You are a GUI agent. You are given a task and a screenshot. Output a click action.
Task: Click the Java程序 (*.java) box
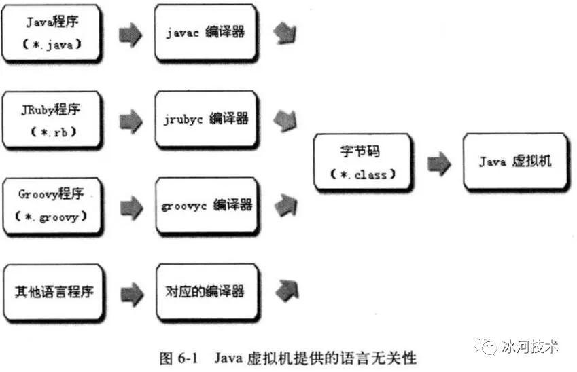[51, 33]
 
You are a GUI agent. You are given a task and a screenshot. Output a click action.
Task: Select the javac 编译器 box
[206, 33]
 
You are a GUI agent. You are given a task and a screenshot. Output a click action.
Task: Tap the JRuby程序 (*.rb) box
[52, 120]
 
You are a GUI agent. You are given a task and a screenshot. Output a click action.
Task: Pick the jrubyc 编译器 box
[206, 119]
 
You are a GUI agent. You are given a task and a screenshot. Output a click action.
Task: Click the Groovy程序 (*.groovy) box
[52, 206]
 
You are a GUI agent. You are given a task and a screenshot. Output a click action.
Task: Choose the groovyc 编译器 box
[207, 206]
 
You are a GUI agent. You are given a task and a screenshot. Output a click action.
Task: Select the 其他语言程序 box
[53, 293]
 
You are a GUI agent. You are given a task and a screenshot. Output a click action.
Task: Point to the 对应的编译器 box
[207, 293]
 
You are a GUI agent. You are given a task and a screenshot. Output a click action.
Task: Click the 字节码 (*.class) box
[363, 162]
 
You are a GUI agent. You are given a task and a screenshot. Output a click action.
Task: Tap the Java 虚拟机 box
[515, 162]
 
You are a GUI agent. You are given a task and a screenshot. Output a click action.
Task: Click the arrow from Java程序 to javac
[130, 35]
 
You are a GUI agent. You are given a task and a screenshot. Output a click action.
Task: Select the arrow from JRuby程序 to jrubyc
[131, 122]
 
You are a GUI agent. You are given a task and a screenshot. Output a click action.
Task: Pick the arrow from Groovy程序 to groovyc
[131, 208]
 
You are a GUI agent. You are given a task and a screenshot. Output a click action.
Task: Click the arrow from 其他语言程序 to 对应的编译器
[132, 294]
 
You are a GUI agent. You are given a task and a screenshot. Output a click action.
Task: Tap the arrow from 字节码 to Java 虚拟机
[439, 164]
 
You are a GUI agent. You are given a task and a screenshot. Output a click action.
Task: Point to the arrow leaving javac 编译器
[285, 33]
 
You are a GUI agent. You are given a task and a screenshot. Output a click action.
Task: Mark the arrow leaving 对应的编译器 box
[287, 291]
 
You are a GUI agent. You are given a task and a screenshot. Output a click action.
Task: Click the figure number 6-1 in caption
[188, 358]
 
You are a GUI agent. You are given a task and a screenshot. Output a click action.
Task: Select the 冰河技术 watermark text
[530, 346]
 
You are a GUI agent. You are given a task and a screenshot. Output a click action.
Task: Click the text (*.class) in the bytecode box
[363, 174]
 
